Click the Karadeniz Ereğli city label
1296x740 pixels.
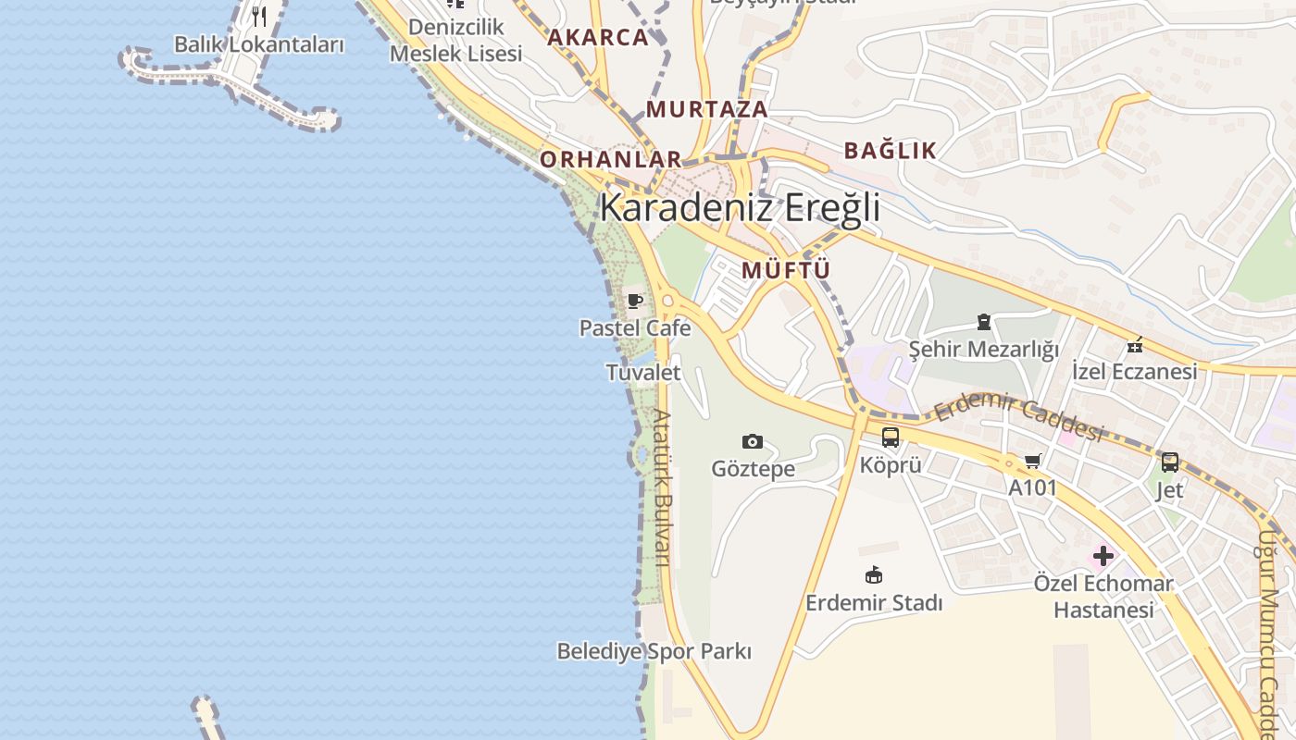point(740,208)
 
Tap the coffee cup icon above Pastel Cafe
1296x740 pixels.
point(635,301)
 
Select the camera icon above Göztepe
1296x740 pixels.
point(753,441)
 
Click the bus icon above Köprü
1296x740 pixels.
point(891,438)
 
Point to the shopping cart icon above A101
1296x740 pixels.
point(1033,461)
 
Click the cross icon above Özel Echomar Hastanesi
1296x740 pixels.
point(1103,556)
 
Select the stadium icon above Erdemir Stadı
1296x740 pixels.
point(873,575)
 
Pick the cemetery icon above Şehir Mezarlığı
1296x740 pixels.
point(983,322)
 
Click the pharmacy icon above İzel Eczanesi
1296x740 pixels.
point(1135,345)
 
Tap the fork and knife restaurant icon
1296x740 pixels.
point(259,16)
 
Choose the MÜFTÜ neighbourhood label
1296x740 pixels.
point(786,270)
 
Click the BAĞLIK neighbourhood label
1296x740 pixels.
point(891,151)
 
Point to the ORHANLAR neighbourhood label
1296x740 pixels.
point(611,159)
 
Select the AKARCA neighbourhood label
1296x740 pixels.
point(598,38)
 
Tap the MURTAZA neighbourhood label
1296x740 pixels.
point(707,109)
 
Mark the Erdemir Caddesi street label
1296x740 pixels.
point(1019,419)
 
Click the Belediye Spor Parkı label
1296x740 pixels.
point(654,651)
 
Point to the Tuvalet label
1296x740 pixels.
point(643,373)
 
